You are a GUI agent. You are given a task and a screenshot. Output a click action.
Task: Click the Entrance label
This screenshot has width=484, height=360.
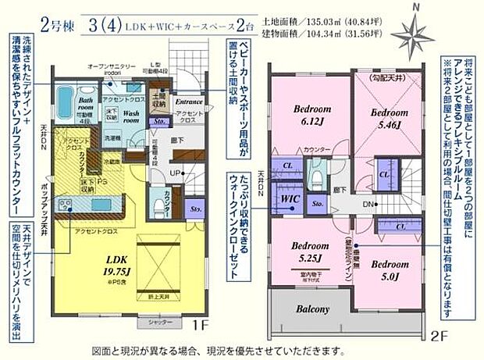click(x=188, y=102)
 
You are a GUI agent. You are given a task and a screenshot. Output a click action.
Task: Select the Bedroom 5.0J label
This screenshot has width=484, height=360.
click(x=386, y=269)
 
